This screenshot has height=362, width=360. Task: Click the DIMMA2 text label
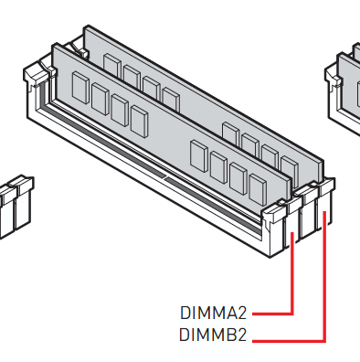[x=213, y=313]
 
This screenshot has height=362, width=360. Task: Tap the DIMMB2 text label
[x=213, y=335]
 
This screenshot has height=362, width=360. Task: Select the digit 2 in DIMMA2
[x=240, y=313]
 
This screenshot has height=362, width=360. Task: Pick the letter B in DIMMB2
[x=228, y=335]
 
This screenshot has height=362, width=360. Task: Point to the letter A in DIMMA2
[x=228, y=313]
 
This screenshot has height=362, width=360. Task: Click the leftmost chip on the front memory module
[x=80, y=88]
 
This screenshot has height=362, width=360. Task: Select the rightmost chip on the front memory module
[x=258, y=189]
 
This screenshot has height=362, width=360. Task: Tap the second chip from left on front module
[x=101, y=99]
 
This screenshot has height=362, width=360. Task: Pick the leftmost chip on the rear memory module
[x=112, y=65]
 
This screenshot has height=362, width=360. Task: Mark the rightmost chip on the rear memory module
[x=290, y=169]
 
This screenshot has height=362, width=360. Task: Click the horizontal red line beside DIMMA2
[x=272, y=314]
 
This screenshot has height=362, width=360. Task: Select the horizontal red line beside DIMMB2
[x=289, y=341]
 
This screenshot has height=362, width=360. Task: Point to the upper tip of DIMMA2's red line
[x=292, y=233]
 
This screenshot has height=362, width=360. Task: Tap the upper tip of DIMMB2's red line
[x=324, y=212]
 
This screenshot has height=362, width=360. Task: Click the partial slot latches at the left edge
[x=16, y=204]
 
